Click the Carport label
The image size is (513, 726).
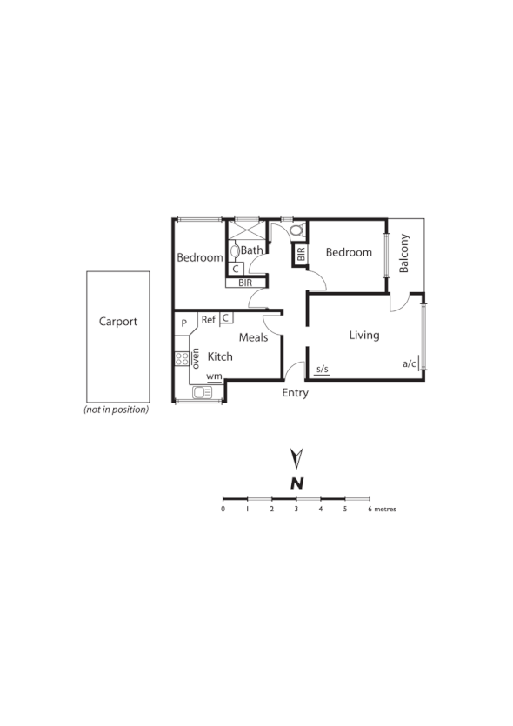coord(117,321)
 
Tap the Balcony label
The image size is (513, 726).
coord(404,253)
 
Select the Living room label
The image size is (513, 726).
coord(364,335)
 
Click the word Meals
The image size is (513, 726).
coord(253,337)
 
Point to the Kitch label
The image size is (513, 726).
coord(220,356)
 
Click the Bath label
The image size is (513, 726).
coord(252,250)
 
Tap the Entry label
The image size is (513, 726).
coord(296,393)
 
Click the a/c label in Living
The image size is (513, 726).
coord(410,364)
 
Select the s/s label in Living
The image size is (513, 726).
coord(322,370)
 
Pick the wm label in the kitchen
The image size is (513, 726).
coord(213,376)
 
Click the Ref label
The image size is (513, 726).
coord(209,320)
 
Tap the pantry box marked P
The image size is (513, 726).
coord(184,323)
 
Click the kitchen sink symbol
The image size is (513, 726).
coord(202,392)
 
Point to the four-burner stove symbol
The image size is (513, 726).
coord(182,357)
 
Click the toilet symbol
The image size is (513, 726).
coord(297,230)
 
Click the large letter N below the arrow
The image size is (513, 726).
coord(296,483)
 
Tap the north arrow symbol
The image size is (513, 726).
coord(296,457)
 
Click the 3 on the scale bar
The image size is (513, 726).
coord(296,509)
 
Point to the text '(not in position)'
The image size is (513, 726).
coord(117,409)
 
